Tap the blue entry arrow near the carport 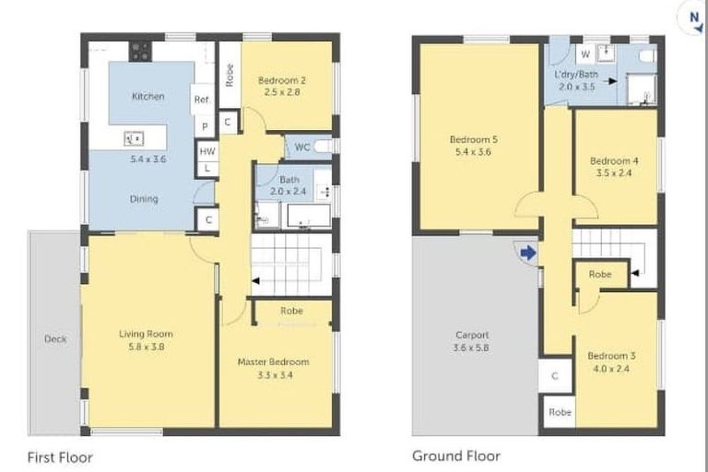528,252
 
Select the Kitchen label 148,96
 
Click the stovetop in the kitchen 140,52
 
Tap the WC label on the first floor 301,147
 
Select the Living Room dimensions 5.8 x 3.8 145,348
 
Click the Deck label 55,339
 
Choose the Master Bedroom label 273,361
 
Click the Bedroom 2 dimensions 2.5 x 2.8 281,93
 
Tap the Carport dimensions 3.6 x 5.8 472,348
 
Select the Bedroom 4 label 614,160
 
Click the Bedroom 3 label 612,356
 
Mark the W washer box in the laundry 584,55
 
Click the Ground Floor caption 455,455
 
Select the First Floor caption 60,455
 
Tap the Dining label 144,198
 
